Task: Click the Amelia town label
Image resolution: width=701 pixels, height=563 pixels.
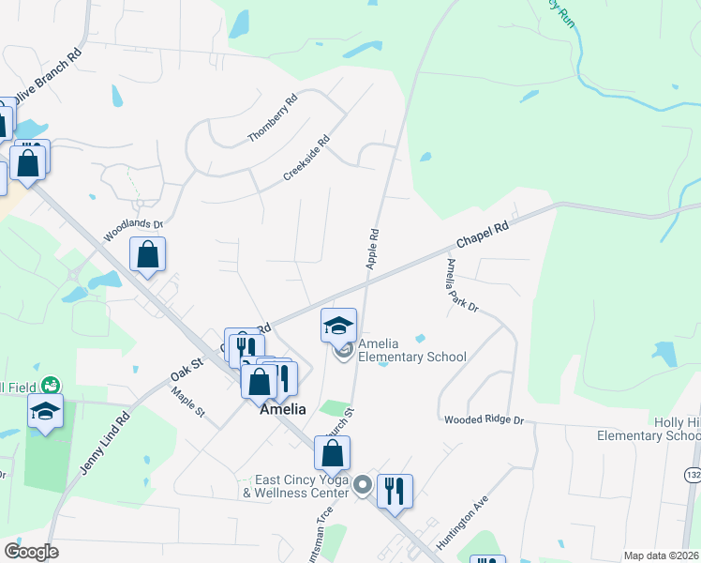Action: click(x=282, y=409)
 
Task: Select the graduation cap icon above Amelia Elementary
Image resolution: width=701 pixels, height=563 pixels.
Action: click(x=338, y=326)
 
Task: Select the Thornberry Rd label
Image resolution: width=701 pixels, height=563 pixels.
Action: click(x=272, y=118)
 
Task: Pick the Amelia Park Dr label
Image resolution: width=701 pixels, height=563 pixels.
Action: click(x=462, y=284)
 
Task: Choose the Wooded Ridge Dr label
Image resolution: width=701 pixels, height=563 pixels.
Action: click(x=484, y=420)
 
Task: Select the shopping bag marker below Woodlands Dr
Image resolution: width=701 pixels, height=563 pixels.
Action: click(x=148, y=253)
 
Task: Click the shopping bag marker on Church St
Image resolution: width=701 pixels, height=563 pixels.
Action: click(x=332, y=453)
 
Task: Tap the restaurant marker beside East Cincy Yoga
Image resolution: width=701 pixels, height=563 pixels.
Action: click(x=395, y=490)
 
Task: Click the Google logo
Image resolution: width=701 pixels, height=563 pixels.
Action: click(x=31, y=552)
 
